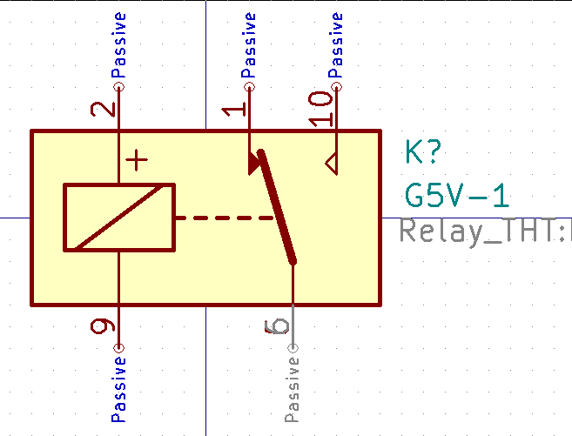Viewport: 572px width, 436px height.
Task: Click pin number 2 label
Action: [104, 109]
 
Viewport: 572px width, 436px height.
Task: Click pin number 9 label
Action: [104, 326]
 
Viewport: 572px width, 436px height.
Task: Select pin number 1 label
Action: [234, 110]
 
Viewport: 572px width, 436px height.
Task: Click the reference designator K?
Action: [425, 153]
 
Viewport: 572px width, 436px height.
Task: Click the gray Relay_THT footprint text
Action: [483, 232]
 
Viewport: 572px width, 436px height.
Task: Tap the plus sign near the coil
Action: [137, 160]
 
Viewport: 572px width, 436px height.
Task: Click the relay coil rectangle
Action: [119, 218]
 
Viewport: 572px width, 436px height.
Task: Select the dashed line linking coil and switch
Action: [226, 218]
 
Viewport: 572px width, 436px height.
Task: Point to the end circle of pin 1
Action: [250, 87]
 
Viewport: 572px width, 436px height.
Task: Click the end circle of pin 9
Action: [119, 348]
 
